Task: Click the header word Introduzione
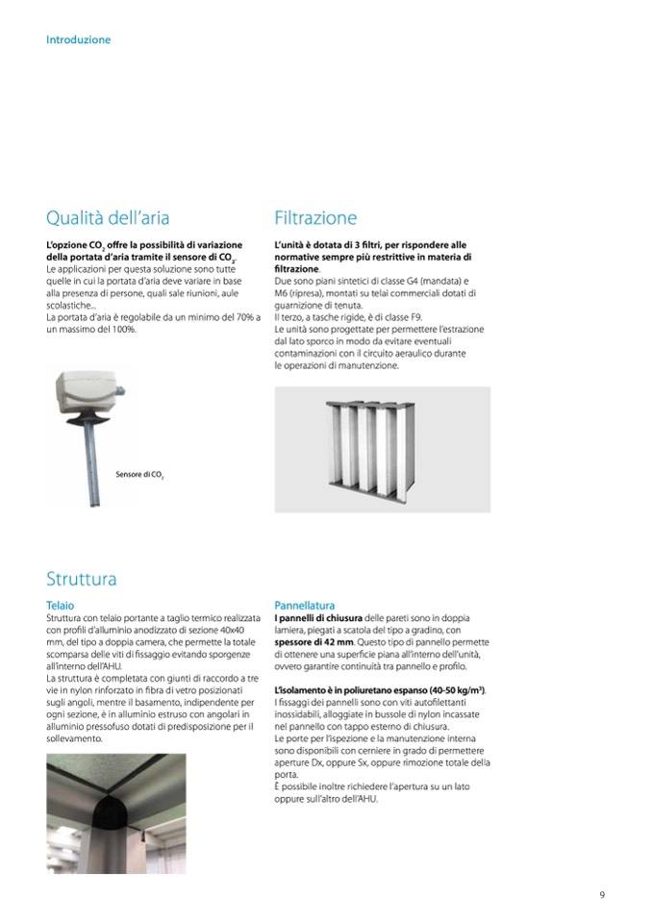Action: click(78, 40)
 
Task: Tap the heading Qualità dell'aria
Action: click(114, 217)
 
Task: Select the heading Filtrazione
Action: click(315, 217)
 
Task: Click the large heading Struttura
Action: click(82, 579)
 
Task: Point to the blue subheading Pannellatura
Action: click(305, 606)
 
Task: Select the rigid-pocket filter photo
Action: click(382, 449)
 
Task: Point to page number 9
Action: click(602, 896)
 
